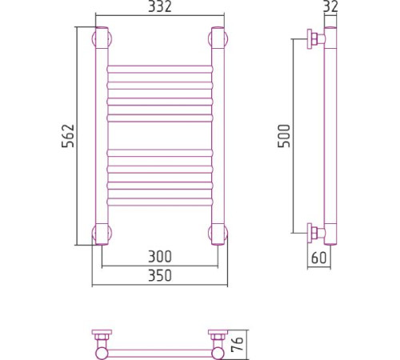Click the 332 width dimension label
coord(160,6)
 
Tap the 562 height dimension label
coord(68,136)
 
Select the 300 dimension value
coord(160,256)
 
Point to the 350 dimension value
coord(160,275)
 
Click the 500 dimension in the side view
coord(284,136)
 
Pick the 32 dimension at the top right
coord(330,6)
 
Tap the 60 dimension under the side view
coord(318,258)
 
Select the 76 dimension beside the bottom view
coord(237,343)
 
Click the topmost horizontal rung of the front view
coord(160,69)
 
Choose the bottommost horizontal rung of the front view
coord(160,202)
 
